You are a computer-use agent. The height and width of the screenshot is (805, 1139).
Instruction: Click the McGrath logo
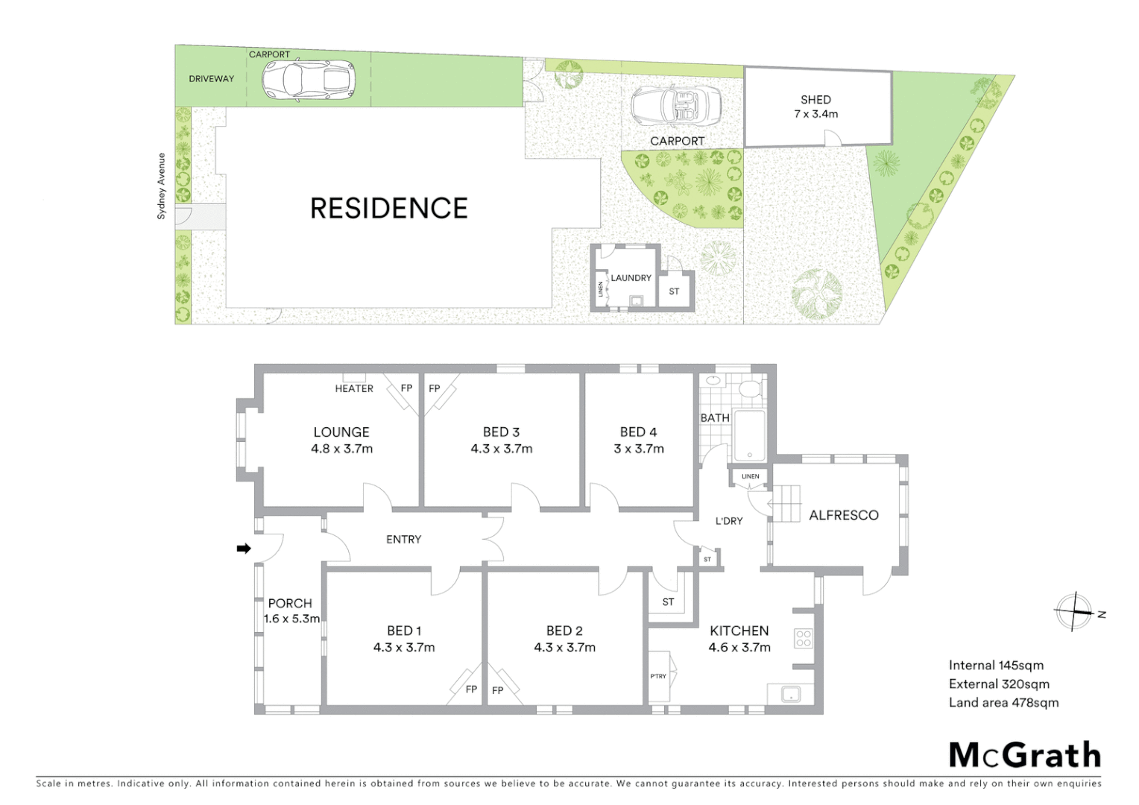[x=1024, y=755]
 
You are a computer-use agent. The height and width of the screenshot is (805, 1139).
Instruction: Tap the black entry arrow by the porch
[x=243, y=549]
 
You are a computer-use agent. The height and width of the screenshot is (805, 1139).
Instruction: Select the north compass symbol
[x=1074, y=613]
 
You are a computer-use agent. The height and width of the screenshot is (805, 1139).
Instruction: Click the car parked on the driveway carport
[x=308, y=79]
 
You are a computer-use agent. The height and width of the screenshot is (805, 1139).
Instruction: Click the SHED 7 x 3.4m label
[x=815, y=107]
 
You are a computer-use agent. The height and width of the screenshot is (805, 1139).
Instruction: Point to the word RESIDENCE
[x=388, y=208]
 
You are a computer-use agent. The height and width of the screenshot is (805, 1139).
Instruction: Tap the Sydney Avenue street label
[x=160, y=186]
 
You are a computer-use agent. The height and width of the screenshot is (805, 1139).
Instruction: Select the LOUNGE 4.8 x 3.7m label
[x=341, y=440]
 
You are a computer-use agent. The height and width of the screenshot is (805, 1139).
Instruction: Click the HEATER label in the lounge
[x=354, y=388]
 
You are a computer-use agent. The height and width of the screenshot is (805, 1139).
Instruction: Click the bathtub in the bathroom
[x=748, y=435]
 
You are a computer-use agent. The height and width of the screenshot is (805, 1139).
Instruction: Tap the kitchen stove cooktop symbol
[x=804, y=638]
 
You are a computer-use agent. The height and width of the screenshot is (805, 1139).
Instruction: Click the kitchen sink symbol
[x=789, y=695]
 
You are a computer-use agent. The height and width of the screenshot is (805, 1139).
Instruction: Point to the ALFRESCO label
[x=843, y=515]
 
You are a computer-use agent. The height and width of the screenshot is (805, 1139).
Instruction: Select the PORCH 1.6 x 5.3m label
[x=291, y=610]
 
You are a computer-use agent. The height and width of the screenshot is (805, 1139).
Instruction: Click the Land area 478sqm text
[x=1003, y=702]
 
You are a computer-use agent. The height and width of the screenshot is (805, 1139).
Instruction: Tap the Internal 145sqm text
[x=995, y=665]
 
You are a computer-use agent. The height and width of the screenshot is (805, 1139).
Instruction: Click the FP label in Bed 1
[x=471, y=689]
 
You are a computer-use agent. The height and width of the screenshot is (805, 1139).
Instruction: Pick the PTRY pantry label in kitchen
[x=658, y=676]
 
